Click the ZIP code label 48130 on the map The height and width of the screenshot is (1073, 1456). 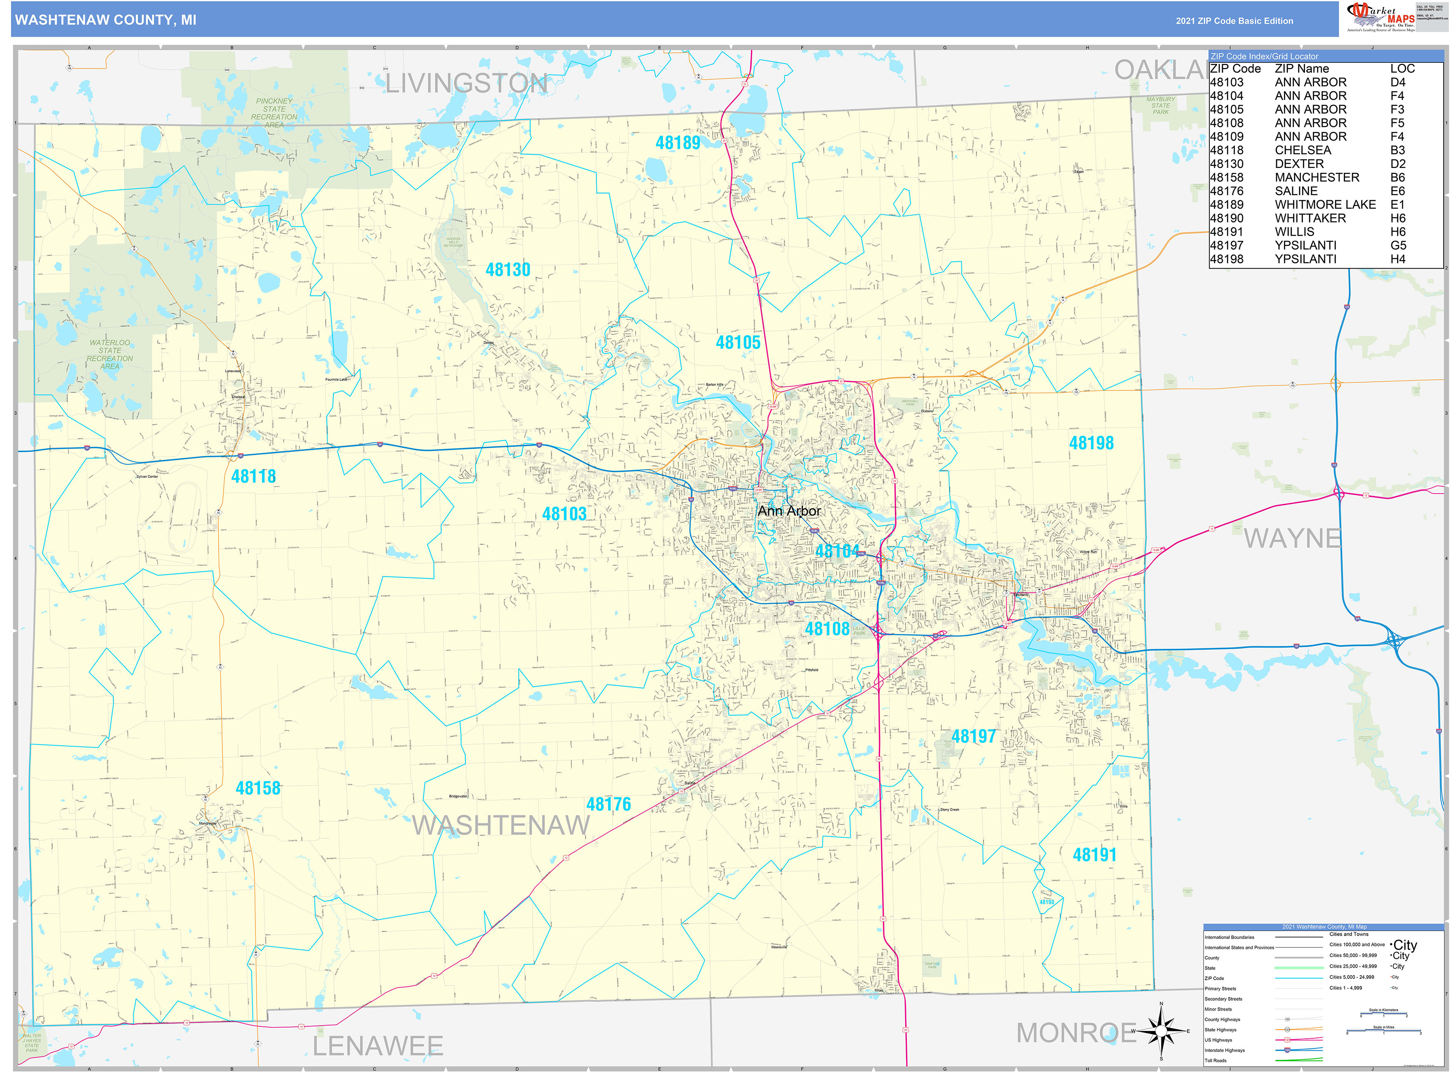508,269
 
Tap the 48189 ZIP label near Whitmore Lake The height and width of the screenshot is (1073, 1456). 677,143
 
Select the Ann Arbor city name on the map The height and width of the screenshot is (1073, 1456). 788,511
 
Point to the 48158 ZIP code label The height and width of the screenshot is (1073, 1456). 258,788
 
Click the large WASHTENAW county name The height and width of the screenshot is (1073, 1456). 501,825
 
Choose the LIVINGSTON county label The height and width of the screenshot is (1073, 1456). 466,83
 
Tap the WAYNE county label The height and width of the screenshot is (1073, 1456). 1292,539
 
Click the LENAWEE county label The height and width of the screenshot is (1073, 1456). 378,1046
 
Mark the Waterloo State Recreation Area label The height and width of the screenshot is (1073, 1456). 110,355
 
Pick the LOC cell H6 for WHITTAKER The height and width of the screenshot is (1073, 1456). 1397,218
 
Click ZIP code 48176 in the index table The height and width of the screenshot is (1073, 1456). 1226,191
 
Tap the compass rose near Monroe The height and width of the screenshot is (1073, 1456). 1161,1031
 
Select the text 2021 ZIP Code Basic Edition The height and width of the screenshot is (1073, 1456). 1234,21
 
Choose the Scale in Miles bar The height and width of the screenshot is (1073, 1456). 1383,1031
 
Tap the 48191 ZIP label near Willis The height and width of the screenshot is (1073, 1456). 1094,855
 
